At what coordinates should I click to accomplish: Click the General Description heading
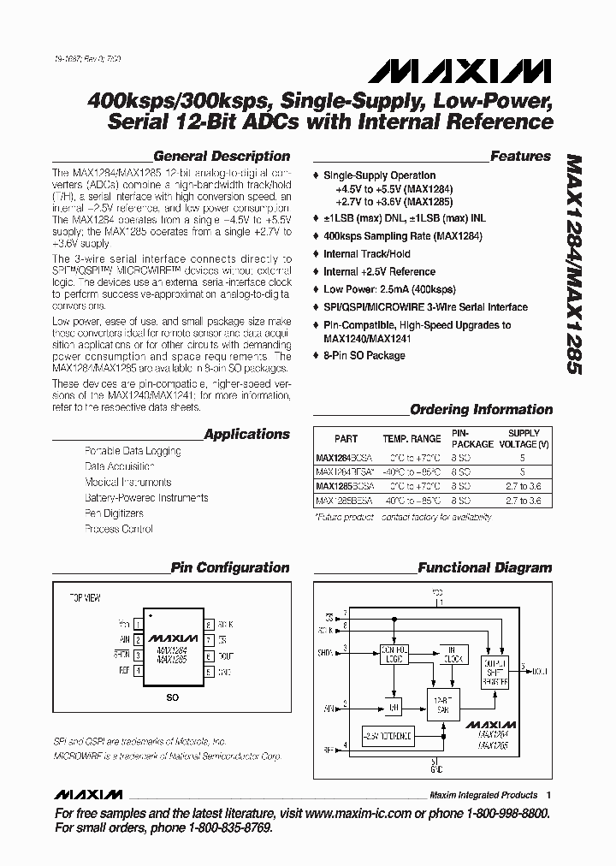coord(221,157)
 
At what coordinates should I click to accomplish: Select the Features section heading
coord(520,157)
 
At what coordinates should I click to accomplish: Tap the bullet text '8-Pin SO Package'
coord(364,355)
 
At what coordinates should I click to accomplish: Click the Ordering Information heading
coord(481,410)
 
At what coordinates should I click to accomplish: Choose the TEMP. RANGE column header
coord(412,439)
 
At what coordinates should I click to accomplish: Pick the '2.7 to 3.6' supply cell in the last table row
coord(524,500)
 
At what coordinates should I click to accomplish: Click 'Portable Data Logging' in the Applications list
coord(133,451)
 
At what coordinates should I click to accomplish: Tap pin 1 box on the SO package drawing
coord(139,623)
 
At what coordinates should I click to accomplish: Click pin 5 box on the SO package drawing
coord(209,673)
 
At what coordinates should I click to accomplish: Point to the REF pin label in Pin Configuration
coord(124,673)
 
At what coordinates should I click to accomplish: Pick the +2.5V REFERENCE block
coord(387,735)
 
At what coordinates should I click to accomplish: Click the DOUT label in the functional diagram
coord(542,673)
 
